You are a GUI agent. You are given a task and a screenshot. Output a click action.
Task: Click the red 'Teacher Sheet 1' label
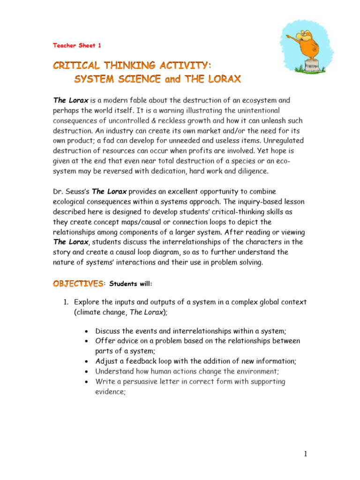(x=76, y=45)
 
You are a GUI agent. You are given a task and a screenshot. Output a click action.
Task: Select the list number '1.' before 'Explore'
(x=67, y=302)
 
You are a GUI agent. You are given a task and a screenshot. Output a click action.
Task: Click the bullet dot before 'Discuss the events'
(x=88, y=331)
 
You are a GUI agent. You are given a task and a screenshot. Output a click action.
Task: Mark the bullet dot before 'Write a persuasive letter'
(x=88, y=382)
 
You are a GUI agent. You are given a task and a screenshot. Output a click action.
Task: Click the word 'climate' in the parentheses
(x=90, y=312)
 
